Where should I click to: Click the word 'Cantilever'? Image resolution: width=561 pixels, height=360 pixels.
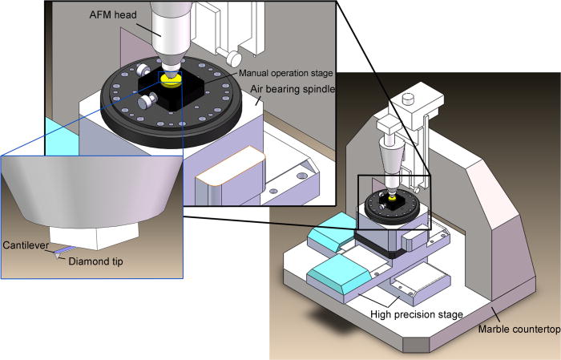26,244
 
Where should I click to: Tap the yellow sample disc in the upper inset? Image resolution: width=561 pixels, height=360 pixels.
170,79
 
